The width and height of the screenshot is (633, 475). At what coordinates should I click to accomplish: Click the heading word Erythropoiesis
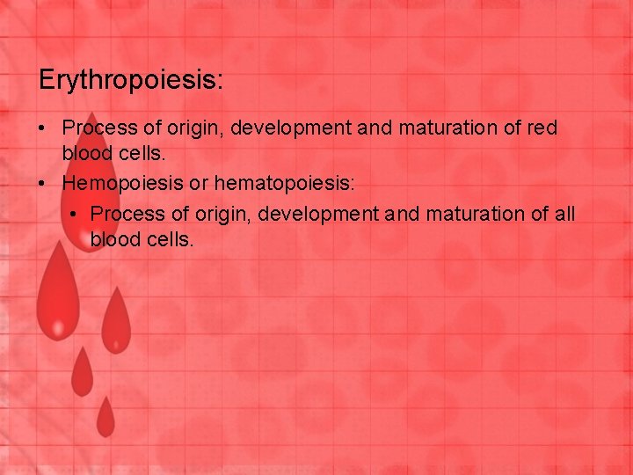tap(131, 81)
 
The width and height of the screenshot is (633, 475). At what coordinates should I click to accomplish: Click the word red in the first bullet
tap(541, 128)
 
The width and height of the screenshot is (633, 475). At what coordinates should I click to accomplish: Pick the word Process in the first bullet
tap(99, 128)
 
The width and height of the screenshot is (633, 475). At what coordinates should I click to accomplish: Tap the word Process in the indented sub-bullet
tap(127, 214)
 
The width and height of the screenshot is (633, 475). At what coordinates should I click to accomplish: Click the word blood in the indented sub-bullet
tap(114, 238)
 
